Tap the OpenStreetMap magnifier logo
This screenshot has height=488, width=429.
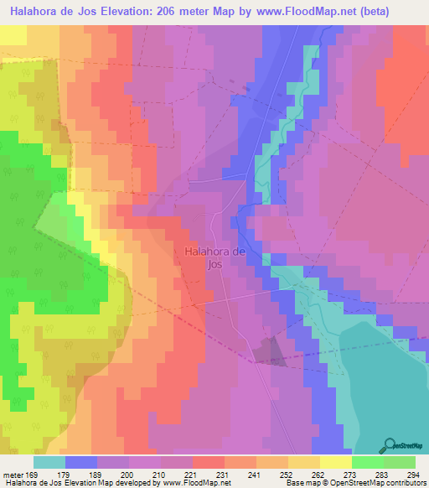390,445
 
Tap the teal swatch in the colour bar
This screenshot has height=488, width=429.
49,463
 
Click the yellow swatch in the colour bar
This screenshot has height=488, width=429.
335,463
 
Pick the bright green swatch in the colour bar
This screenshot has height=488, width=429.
367,463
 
